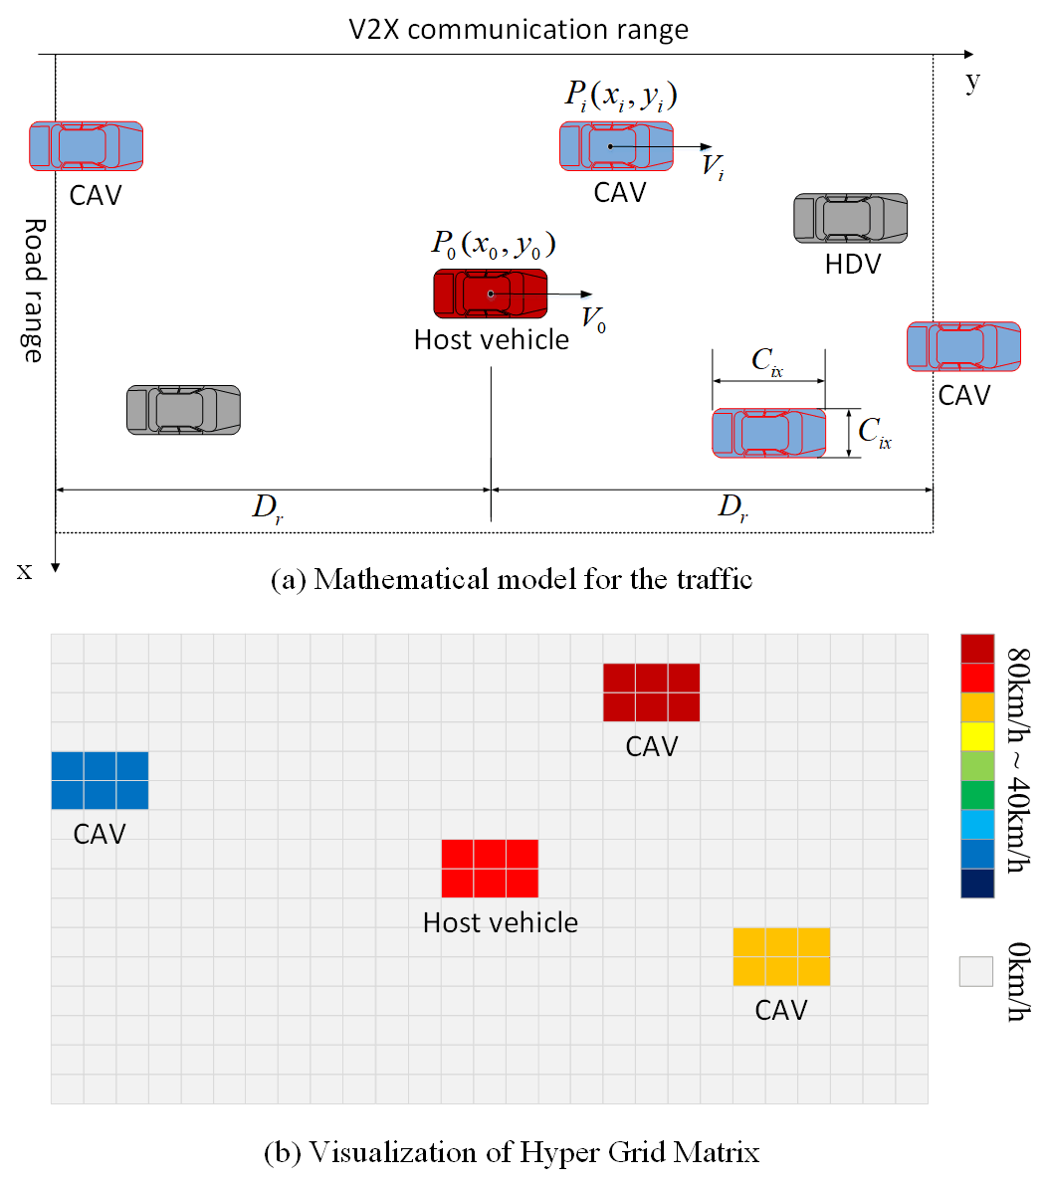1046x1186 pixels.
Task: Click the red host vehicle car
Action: [x=490, y=294]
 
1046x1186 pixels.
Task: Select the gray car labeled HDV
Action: [x=850, y=218]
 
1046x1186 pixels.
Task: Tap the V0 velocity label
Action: [x=594, y=319]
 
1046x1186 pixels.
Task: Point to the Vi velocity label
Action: [x=713, y=165]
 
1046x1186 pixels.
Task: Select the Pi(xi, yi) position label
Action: [x=621, y=96]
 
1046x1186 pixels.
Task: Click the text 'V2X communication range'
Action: [x=518, y=29]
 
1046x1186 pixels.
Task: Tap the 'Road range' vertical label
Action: [x=33, y=290]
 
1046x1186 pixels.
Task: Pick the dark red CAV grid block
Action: [x=651, y=692]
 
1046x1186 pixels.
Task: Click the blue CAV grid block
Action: [x=100, y=780]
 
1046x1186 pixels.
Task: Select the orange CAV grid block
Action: [x=780, y=956]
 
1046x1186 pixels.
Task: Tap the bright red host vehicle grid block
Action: [x=490, y=868]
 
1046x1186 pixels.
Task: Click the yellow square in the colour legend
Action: [x=976, y=735]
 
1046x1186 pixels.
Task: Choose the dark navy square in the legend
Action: [x=976, y=883]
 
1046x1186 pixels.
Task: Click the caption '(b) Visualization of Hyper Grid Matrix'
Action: [x=512, y=1152]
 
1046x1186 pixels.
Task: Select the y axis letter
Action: [x=972, y=81]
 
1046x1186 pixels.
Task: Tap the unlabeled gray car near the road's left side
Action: [x=183, y=410]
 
